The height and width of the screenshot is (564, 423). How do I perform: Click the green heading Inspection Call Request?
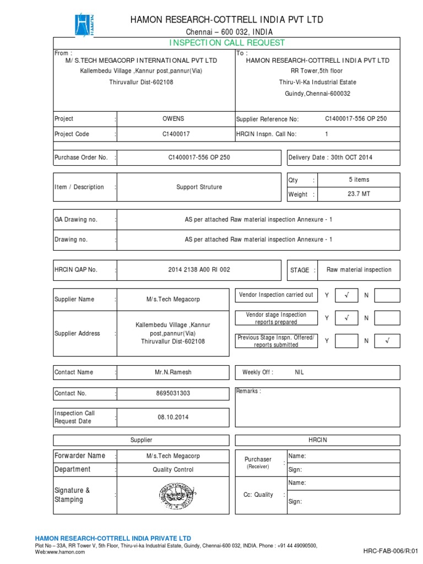(226, 43)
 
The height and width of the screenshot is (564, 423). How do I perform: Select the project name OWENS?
(173, 118)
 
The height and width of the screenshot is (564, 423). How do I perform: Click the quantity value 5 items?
(359, 180)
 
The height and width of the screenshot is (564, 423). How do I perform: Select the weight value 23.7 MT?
(359, 194)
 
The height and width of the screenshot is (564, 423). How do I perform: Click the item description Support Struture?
(199, 187)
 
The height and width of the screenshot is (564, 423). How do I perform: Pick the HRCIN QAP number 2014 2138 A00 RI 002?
(199, 270)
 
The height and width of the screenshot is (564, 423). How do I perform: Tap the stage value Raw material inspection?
(359, 270)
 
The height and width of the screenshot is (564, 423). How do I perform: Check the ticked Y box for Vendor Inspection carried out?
(346, 296)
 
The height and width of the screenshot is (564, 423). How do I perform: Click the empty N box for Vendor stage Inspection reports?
(387, 318)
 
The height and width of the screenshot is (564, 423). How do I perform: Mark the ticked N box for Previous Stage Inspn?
(387, 341)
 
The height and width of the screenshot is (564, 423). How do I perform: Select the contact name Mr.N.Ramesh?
(173, 372)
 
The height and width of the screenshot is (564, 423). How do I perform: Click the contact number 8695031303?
(173, 394)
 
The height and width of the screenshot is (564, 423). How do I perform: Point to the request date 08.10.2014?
(173, 417)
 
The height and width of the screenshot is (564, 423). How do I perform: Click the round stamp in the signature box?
(173, 495)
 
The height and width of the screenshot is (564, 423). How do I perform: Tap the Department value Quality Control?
(173, 470)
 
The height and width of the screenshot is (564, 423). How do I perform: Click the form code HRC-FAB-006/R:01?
(391, 551)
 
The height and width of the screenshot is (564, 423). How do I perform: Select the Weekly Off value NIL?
(299, 372)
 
